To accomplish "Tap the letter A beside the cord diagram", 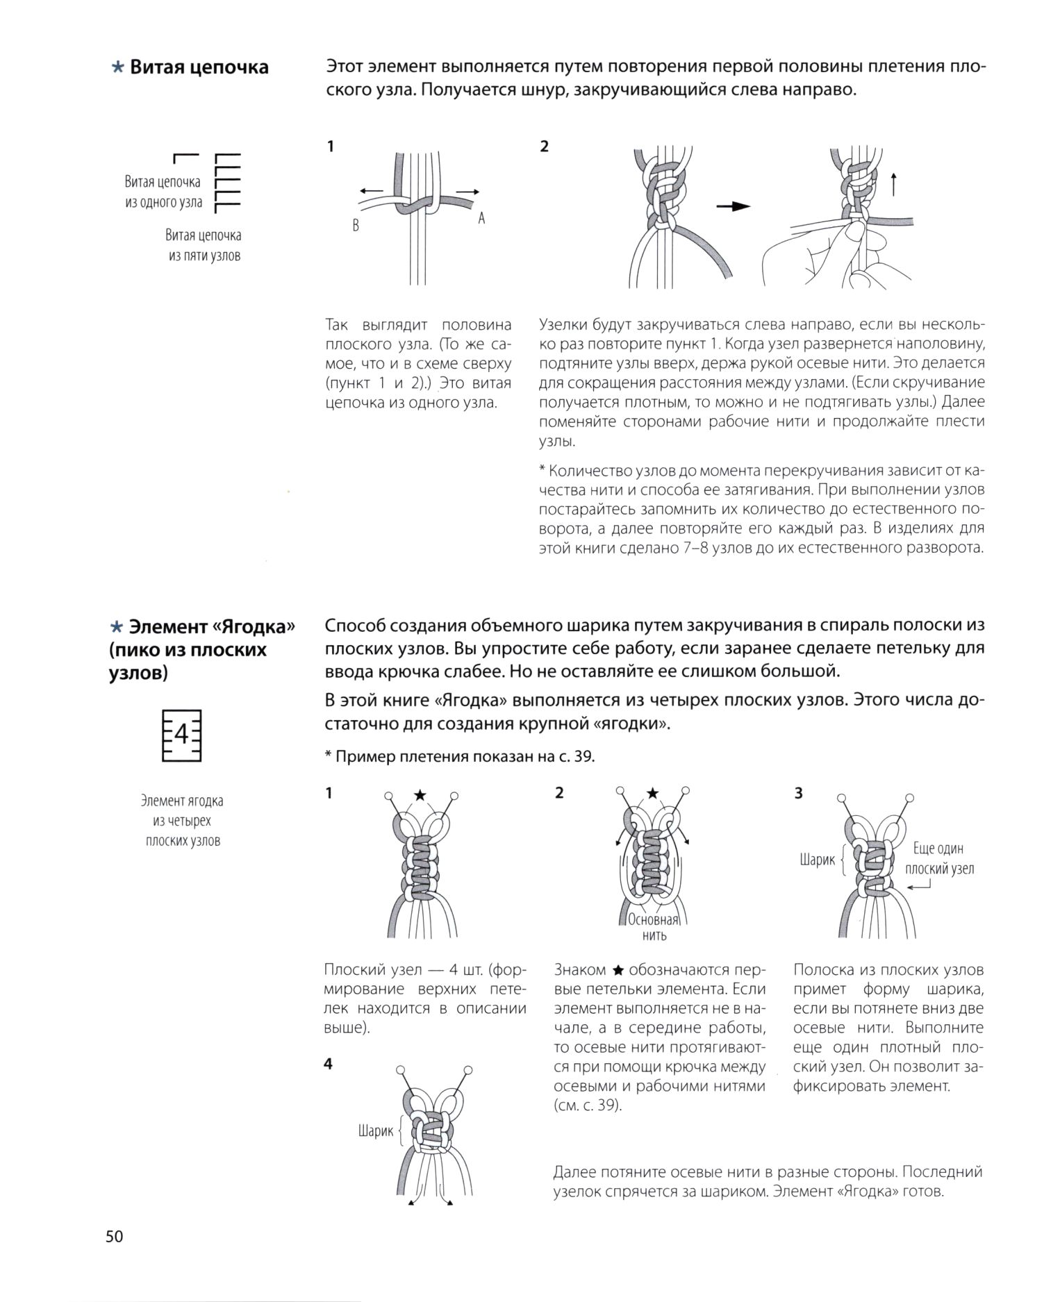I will tap(481, 218).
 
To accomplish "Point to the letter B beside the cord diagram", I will tap(356, 226).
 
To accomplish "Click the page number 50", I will tap(115, 1237).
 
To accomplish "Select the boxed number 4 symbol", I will tap(181, 735).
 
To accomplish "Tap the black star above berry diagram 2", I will tap(652, 793).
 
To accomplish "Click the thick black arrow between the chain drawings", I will tap(734, 206).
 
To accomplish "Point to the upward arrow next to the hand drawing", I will tap(893, 183).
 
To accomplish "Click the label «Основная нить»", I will tap(653, 928).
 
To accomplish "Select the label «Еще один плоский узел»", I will tap(939, 858).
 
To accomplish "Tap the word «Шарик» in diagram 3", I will tap(817, 860).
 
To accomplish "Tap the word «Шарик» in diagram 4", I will tap(375, 1131).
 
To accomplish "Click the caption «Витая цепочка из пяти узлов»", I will tap(204, 245).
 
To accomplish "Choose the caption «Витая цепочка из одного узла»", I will tap(163, 192).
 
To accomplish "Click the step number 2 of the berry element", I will tap(560, 793).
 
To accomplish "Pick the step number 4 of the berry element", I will tap(329, 1064).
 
